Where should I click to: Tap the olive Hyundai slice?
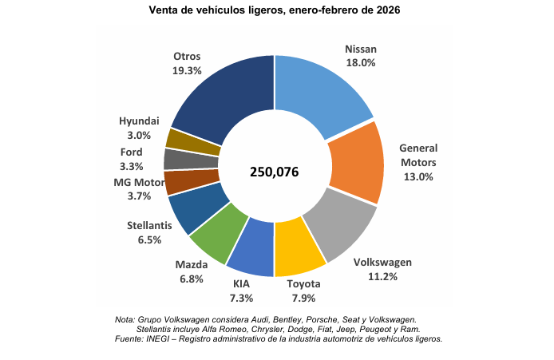coord(183,139)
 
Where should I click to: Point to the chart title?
coord(275,11)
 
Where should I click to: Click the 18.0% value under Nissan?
coord(361,61)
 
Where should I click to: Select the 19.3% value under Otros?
coord(187,70)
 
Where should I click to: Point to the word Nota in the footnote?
coord(126,319)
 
